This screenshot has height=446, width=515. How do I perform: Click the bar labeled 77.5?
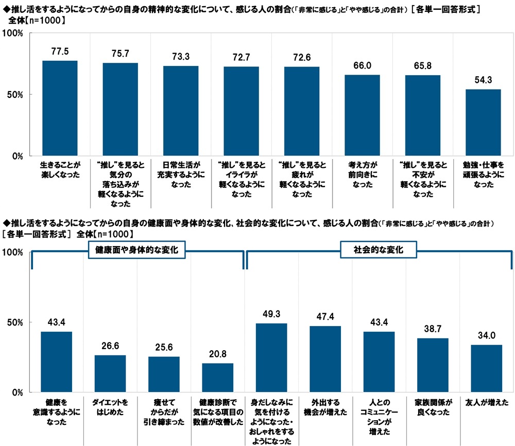point(60,108)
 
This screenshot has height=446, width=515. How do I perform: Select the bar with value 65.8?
point(423,115)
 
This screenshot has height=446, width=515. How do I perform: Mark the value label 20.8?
point(217,354)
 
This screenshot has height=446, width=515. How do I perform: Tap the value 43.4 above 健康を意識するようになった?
point(56,322)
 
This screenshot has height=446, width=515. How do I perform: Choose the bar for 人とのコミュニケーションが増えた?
point(379,362)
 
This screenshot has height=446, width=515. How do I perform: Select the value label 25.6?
point(164,348)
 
